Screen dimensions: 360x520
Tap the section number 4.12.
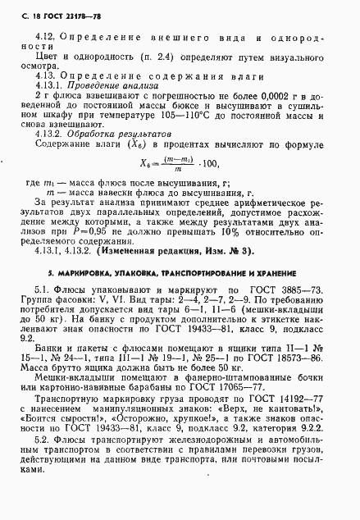click(x=46, y=37)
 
